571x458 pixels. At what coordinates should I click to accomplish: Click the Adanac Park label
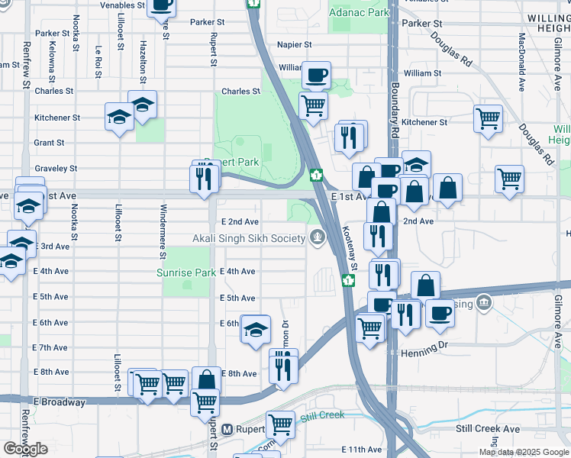pyautogui.click(x=358, y=13)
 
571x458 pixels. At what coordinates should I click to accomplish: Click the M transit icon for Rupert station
pyautogui.click(x=227, y=430)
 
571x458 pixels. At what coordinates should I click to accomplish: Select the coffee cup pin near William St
pyautogui.click(x=316, y=76)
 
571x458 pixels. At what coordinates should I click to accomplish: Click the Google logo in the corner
pyautogui.click(x=25, y=449)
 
